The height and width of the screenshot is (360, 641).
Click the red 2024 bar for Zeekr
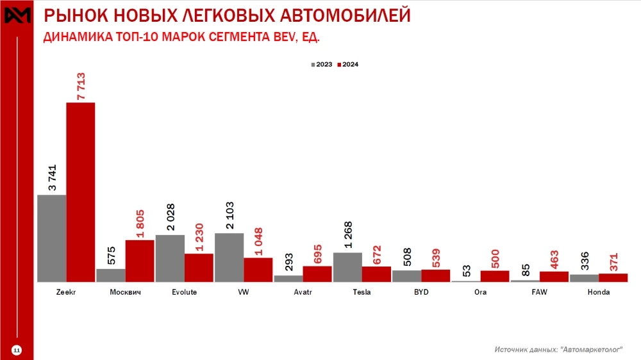[81, 192]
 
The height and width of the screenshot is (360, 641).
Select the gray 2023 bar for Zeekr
[52, 238]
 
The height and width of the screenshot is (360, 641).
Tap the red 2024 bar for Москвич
[140, 261]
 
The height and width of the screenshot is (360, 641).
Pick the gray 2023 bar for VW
[229, 258]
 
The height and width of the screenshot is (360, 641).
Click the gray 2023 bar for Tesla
[347, 267]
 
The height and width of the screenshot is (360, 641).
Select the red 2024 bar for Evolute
[199, 268]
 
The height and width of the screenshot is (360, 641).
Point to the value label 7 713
[81, 85]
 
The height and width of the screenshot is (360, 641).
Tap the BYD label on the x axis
[421, 292]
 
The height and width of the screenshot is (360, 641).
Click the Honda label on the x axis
[598, 292]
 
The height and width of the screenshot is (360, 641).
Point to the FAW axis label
[539, 292]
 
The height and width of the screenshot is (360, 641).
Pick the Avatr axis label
[303, 292]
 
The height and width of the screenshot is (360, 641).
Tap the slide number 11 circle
[17, 349]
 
